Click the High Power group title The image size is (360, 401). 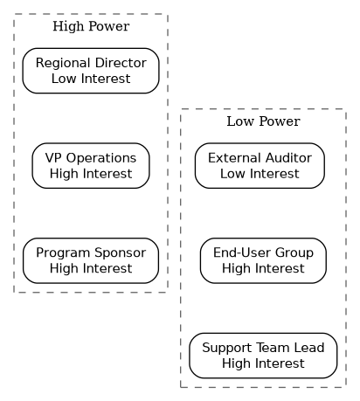tap(91, 26)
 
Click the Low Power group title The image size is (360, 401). tap(263, 121)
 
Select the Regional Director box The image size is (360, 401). tap(91, 71)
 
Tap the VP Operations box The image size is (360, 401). tap(91, 166)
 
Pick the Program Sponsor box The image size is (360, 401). tap(91, 260)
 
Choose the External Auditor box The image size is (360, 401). tap(260, 166)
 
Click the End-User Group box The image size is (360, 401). tap(263, 260)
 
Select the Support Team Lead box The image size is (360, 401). tap(263, 356)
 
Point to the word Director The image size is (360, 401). tap(121, 63)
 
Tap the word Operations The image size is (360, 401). tap(101, 159)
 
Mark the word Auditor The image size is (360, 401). tap(288, 158)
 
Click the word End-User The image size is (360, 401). tap(242, 252)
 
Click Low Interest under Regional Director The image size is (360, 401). tap(91, 79)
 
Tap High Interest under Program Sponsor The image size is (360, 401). tap(91, 269)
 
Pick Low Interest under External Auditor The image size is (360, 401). tap(260, 174)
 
